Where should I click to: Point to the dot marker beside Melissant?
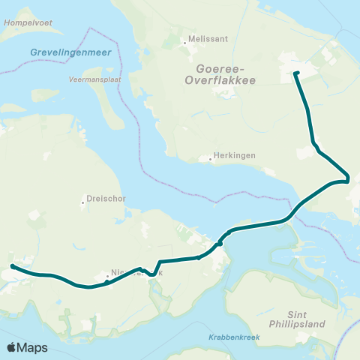(x=185, y=43)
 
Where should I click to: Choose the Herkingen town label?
(x=235, y=154)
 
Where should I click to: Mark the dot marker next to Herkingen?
(x=211, y=158)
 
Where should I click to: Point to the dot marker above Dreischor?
(x=83, y=202)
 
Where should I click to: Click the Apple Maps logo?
(x=28, y=347)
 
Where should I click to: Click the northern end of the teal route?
(x=295, y=73)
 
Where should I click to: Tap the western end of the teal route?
(x=12, y=266)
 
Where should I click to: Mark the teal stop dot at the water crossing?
(x=220, y=242)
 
